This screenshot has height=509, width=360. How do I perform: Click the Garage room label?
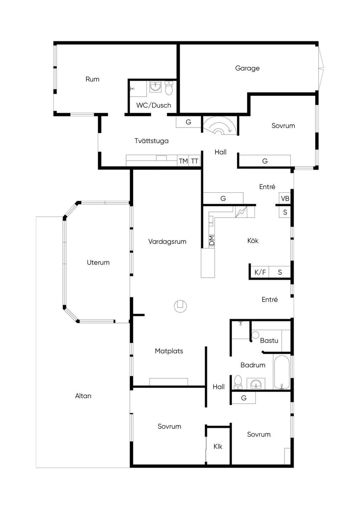click(247, 68)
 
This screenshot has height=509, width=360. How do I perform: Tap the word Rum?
click(92, 79)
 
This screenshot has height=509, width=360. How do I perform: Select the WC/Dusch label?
click(154, 105)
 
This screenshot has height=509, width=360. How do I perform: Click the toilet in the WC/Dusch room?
click(169, 88)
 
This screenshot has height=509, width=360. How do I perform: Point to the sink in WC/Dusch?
click(155, 87)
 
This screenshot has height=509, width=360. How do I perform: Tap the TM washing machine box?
click(183, 161)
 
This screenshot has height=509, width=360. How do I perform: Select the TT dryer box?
click(194, 161)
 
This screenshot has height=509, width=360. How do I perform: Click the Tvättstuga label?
click(152, 141)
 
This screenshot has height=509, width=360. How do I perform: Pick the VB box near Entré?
click(285, 198)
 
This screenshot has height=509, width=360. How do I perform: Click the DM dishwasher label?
click(212, 240)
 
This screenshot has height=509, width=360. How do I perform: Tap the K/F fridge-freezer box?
click(260, 272)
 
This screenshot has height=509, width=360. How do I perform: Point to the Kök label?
click(253, 241)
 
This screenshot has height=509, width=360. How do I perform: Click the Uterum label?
click(98, 263)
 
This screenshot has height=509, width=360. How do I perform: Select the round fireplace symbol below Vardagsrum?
click(180, 306)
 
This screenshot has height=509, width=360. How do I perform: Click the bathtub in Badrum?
click(282, 372)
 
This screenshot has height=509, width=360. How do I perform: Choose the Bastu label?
click(269, 341)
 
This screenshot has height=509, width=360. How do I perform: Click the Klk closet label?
click(218, 446)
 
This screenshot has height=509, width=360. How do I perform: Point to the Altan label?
click(83, 396)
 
